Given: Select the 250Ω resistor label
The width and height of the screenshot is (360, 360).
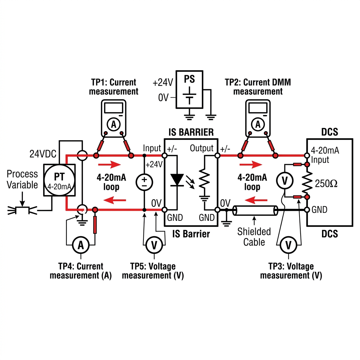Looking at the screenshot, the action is point(326,184).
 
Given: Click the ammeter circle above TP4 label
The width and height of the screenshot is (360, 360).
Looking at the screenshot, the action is point(81,245).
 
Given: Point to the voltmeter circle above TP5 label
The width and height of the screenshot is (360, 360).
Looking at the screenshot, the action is point(154,245).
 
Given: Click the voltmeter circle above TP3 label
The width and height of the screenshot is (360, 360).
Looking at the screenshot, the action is point(289,245).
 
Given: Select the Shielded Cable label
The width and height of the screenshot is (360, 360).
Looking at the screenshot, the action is point(254,237).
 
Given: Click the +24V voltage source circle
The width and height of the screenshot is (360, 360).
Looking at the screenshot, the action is point(144,182).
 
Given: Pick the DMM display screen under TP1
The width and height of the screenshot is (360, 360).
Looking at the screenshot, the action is point(114,108).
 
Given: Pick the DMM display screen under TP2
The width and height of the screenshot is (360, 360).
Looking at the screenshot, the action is point(258,108).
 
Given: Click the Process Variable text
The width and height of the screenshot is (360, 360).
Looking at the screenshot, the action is point(22,179).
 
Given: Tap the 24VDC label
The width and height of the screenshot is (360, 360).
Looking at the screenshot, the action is point(43,154).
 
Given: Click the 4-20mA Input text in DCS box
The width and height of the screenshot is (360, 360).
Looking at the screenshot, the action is point(324,155).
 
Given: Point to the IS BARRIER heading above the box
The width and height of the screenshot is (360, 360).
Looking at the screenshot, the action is point(191,132).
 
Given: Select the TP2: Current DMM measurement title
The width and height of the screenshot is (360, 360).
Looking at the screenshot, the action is point(258,87).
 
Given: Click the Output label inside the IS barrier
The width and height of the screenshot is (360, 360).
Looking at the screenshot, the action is point(201,148).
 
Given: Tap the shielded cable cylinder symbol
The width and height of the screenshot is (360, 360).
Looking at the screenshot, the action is point(255,211).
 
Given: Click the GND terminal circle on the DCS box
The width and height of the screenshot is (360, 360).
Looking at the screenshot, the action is point(307,210).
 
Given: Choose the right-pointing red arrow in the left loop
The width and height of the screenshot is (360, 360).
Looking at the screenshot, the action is point(109,165).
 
